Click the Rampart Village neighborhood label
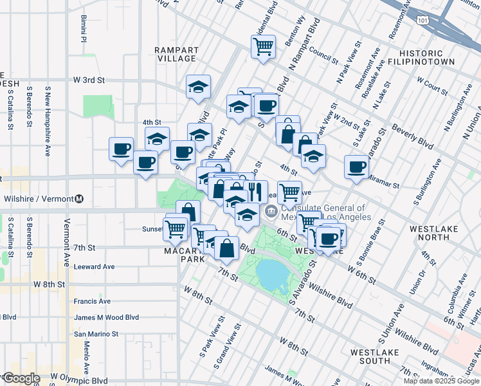pyautogui.click(x=176, y=53)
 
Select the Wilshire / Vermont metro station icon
pyautogui.click(x=79, y=198)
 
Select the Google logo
pyautogui.click(x=21, y=378)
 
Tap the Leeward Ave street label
pyautogui.click(x=94, y=266)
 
